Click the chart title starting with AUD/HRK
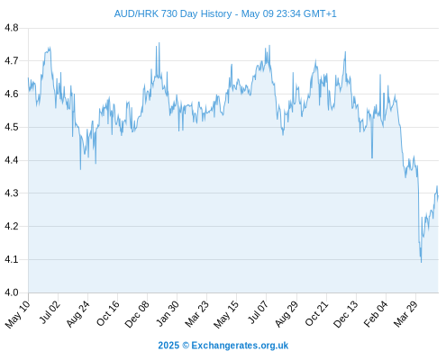point(225,13)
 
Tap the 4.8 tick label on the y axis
point(12,28)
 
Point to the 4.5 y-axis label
point(12,127)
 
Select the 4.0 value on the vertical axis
point(12,292)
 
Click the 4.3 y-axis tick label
point(12,193)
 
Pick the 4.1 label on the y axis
point(12,259)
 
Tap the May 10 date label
point(18,314)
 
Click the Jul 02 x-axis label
point(50,312)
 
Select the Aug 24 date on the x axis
point(78,313)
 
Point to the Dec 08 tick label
point(137,314)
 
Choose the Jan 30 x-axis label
point(168,313)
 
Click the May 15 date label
point(226,314)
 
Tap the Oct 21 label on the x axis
point(316,313)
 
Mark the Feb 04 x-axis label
point(376,314)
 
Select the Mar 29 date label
point(405,313)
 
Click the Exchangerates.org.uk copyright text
point(223,346)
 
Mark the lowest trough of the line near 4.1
point(421,262)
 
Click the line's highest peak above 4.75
point(159,43)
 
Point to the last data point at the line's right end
point(438,196)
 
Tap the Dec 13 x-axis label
point(346,313)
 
